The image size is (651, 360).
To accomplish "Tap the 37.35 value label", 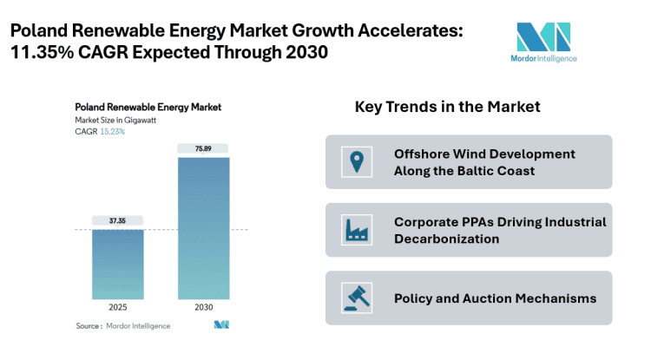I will pyautogui.click(x=118, y=220).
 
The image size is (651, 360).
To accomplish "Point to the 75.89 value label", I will pyautogui.click(x=205, y=148).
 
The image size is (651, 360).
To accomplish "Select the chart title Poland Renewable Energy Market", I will pyautogui.click(x=148, y=108).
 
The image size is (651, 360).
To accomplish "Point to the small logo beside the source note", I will pyautogui.click(x=221, y=325).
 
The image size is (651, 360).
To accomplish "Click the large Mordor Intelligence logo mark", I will pyautogui.click(x=543, y=36).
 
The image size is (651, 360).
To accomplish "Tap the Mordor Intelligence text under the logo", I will pyautogui.click(x=543, y=59).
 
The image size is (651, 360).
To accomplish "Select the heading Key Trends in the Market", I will pyautogui.click(x=447, y=107).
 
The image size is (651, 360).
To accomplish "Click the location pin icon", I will pyautogui.click(x=355, y=161).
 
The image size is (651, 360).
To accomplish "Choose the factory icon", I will pyautogui.click(x=355, y=230).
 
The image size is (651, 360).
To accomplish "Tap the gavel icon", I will pyautogui.click(x=355, y=298).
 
